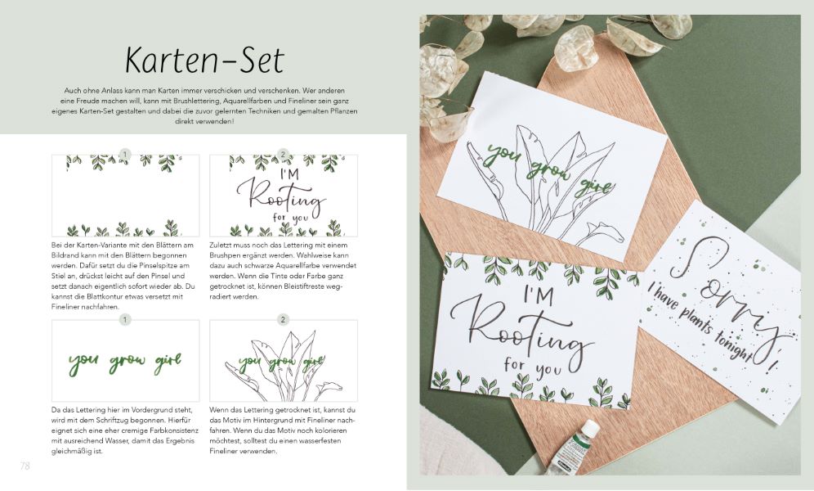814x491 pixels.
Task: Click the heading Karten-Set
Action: click(204, 60)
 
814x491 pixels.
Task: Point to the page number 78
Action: click(25, 466)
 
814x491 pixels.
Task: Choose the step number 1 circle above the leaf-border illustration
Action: click(125, 155)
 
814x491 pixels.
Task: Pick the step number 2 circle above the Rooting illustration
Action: click(283, 155)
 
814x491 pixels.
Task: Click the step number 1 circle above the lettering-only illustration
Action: click(125, 319)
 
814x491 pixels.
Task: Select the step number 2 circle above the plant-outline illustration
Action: click(283, 319)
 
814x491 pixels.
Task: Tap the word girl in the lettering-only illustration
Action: click(168, 363)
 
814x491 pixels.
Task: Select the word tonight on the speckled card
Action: click(732, 346)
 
